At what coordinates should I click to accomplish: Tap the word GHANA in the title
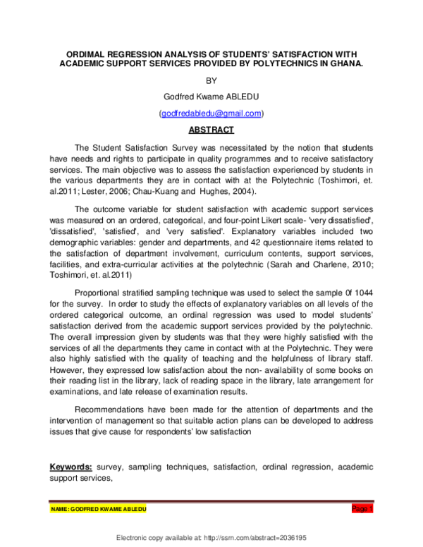pyautogui.click(x=345, y=63)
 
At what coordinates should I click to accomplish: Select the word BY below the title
pyautogui.click(x=211, y=80)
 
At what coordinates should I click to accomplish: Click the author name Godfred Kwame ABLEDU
pyautogui.click(x=211, y=97)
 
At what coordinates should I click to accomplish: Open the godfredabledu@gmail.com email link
pyautogui.click(x=211, y=113)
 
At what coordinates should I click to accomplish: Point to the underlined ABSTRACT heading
pyautogui.click(x=211, y=130)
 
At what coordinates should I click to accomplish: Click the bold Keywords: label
pyautogui.click(x=72, y=467)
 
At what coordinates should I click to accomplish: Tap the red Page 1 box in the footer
pyautogui.click(x=362, y=509)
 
